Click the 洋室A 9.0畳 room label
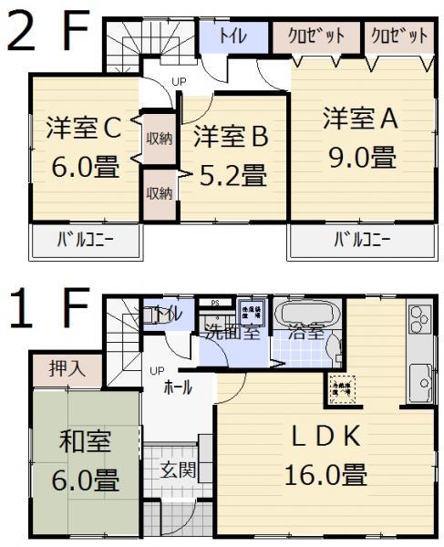click(x=361, y=137)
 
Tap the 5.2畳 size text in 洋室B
click(x=231, y=173)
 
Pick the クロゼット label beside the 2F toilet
click(x=316, y=36)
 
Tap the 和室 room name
click(x=85, y=442)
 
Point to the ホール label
click(x=177, y=387)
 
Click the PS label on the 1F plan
click(x=215, y=303)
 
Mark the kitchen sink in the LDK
click(x=420, y=375)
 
